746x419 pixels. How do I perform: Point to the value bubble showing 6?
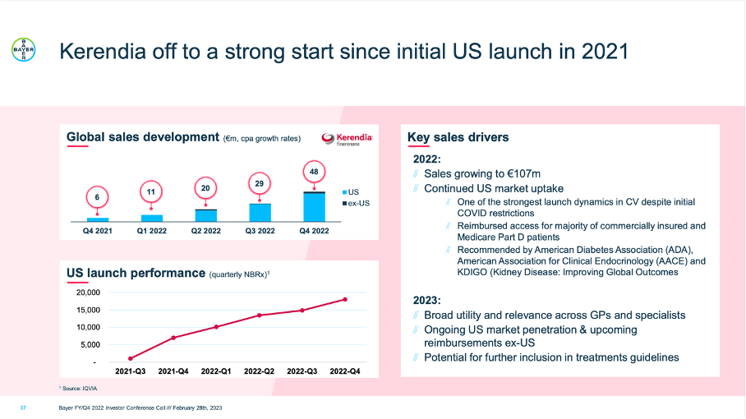pyautogui.click(x=97, y=198)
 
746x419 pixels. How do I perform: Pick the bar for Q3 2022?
pyautogui.click(x=260, y=213)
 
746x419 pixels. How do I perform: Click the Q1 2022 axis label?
pyautogui.click(x=152, y=232)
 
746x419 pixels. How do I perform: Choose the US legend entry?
pyautogui.click(x=349, y=191)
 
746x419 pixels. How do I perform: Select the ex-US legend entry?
pyautogui.click(x=354, y=202)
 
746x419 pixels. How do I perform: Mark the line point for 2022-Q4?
pyautogui.click(x=345, y=299)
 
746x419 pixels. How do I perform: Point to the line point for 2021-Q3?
pyautogui.click(x=131, y=359)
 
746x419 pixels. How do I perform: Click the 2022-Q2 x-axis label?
pyautogui.click(x=259, y=372)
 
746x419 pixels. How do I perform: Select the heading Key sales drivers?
pyautogui.click(x=458, y=137)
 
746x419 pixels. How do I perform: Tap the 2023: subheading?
pyautogui.click(x=428, y=299)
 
